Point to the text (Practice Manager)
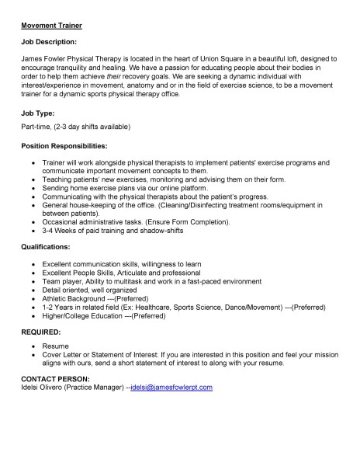(x=98, y=386)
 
